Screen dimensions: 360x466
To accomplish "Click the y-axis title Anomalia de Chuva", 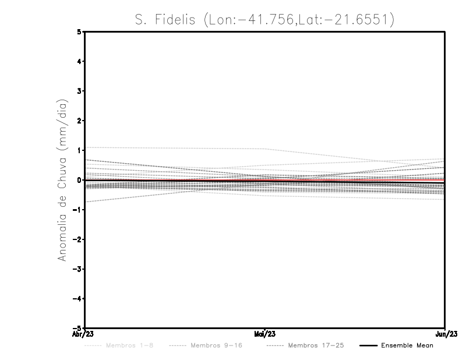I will (x=61, y=180).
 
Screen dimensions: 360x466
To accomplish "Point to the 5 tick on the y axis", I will (x=79, y=32).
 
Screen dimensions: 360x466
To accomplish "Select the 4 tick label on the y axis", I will (x=79, y=62).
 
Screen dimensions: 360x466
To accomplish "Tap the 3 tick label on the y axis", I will (x=79, y=91).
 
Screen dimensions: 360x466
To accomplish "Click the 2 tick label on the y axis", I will (x=79, y=121).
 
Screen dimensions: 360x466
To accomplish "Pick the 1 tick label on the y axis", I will (x=79, y=150).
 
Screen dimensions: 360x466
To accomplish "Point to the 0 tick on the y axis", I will (x=79, y=180).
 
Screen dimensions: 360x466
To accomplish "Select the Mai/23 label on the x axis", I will (x=265, y=334).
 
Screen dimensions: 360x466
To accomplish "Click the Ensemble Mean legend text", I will (x=407, y=345).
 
